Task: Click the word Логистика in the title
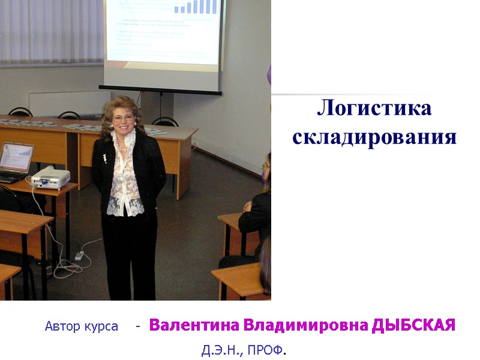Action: coord(374,109)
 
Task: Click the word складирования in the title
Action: coord(374,137)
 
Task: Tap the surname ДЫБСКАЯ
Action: coord(414,326)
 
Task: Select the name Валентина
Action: coord(194,326)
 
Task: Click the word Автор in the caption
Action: coord(64,327)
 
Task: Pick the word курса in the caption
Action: coord(101,328)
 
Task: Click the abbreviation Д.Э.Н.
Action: coord(221,350)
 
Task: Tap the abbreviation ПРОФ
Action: coord(265,350)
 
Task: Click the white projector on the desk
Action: coord(50,176)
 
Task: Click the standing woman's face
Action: coord(124,116)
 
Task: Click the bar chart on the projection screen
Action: coord(196,7)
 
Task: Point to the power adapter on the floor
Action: coord(79,256)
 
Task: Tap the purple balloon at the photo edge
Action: coord(269,75)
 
